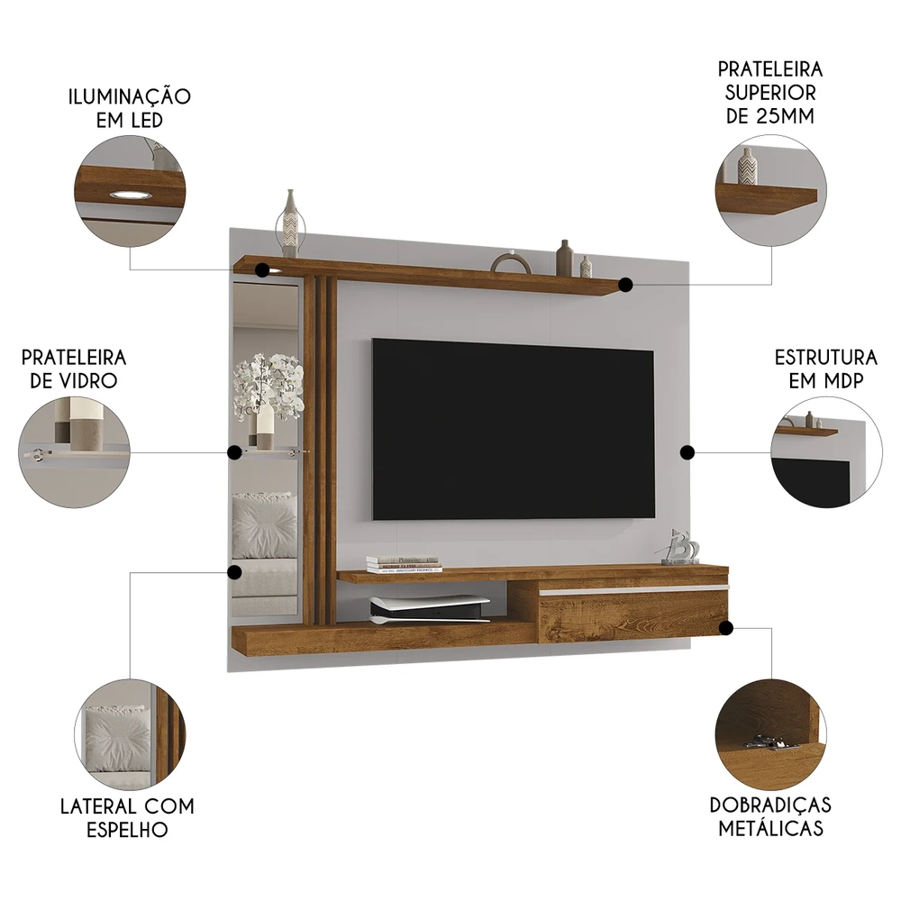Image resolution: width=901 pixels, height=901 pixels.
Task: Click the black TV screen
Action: [513, 429]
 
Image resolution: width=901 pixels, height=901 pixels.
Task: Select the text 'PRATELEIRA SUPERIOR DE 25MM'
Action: [769, 93]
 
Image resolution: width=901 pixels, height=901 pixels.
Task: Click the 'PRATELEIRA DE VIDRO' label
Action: [74, 369]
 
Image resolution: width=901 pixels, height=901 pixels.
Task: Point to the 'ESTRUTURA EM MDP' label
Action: [825, 369]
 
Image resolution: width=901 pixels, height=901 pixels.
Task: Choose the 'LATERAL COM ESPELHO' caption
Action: [127, 817]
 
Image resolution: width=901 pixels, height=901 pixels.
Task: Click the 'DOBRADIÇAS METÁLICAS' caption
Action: [769, 815]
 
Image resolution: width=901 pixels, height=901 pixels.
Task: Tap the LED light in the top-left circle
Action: [128, 194]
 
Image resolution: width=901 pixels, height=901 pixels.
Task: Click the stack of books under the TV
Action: [404, 564]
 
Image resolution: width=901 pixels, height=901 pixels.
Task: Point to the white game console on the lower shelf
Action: [429, 610]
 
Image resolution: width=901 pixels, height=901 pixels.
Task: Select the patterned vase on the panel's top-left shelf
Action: [290, 223]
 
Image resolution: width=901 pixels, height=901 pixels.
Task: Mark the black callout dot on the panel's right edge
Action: [686, 452]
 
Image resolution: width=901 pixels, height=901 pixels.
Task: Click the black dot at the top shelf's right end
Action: [625, 284]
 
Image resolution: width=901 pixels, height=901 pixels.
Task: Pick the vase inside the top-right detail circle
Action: [747, 166]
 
